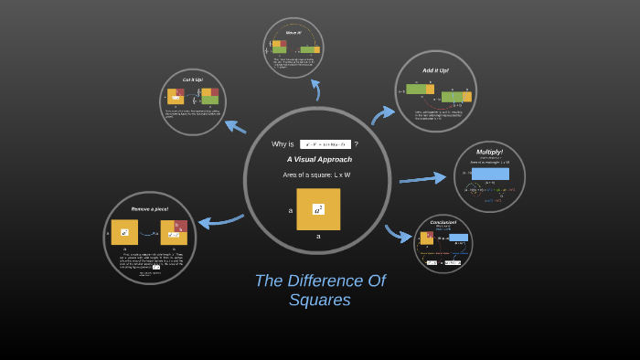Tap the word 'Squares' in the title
320,300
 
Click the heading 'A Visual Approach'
319,159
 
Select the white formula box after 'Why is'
325,144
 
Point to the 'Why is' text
283,144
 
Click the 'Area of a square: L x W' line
316,175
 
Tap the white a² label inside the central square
318,209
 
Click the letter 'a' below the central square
318,236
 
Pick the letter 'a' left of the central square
291,210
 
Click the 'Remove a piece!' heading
149,208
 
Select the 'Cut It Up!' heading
192,79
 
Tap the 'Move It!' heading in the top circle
293,32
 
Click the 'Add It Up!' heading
435,70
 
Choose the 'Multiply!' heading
489,153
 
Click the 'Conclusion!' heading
443,222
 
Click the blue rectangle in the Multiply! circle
490,174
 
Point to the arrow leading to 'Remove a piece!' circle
219,221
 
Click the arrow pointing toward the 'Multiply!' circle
421,177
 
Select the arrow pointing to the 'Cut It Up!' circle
235,126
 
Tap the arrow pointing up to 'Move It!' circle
316,89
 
